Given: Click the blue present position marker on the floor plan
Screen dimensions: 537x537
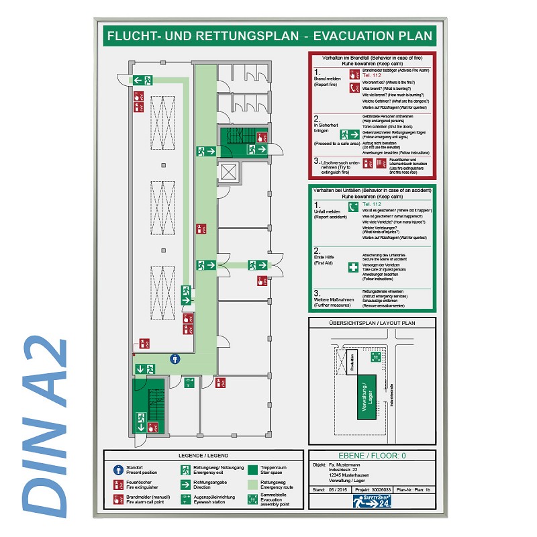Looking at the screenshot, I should (175, 359).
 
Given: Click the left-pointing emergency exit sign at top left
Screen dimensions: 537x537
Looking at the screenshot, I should (142, 81).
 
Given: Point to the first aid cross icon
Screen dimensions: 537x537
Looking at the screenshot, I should (353, 267).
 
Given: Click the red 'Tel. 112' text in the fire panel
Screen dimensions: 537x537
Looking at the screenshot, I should (371, 76).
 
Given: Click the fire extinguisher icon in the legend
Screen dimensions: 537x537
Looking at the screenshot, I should (119, 484).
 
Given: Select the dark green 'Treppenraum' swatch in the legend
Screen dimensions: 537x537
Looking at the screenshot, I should (252, 469).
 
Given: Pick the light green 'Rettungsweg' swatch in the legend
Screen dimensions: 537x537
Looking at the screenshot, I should (252, 484).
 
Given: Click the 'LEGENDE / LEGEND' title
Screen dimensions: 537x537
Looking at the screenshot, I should (204, 455).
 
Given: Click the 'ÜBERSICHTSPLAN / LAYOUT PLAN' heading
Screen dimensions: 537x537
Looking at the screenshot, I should (372, 323).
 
